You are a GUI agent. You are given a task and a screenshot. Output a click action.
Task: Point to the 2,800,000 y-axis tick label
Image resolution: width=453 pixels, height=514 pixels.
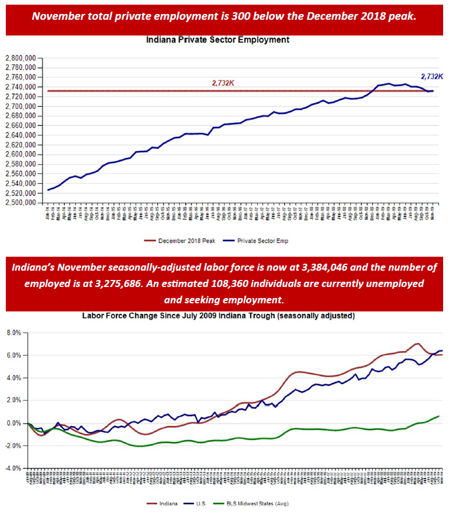[x=22, y=58]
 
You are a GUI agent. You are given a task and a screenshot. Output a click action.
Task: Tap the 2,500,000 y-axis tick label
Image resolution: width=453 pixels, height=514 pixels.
[x=22, y=203]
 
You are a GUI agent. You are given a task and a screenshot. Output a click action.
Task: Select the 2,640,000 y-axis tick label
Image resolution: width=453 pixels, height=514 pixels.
[x=22, y=135]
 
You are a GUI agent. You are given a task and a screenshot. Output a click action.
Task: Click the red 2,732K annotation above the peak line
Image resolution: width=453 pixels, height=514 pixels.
[x=223, y=83]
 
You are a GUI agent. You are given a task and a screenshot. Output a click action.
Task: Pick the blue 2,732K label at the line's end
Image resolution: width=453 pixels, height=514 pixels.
[x=433, y=76]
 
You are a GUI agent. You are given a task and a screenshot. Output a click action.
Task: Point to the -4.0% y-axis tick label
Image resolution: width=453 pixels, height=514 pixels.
[x=12, y=468]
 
